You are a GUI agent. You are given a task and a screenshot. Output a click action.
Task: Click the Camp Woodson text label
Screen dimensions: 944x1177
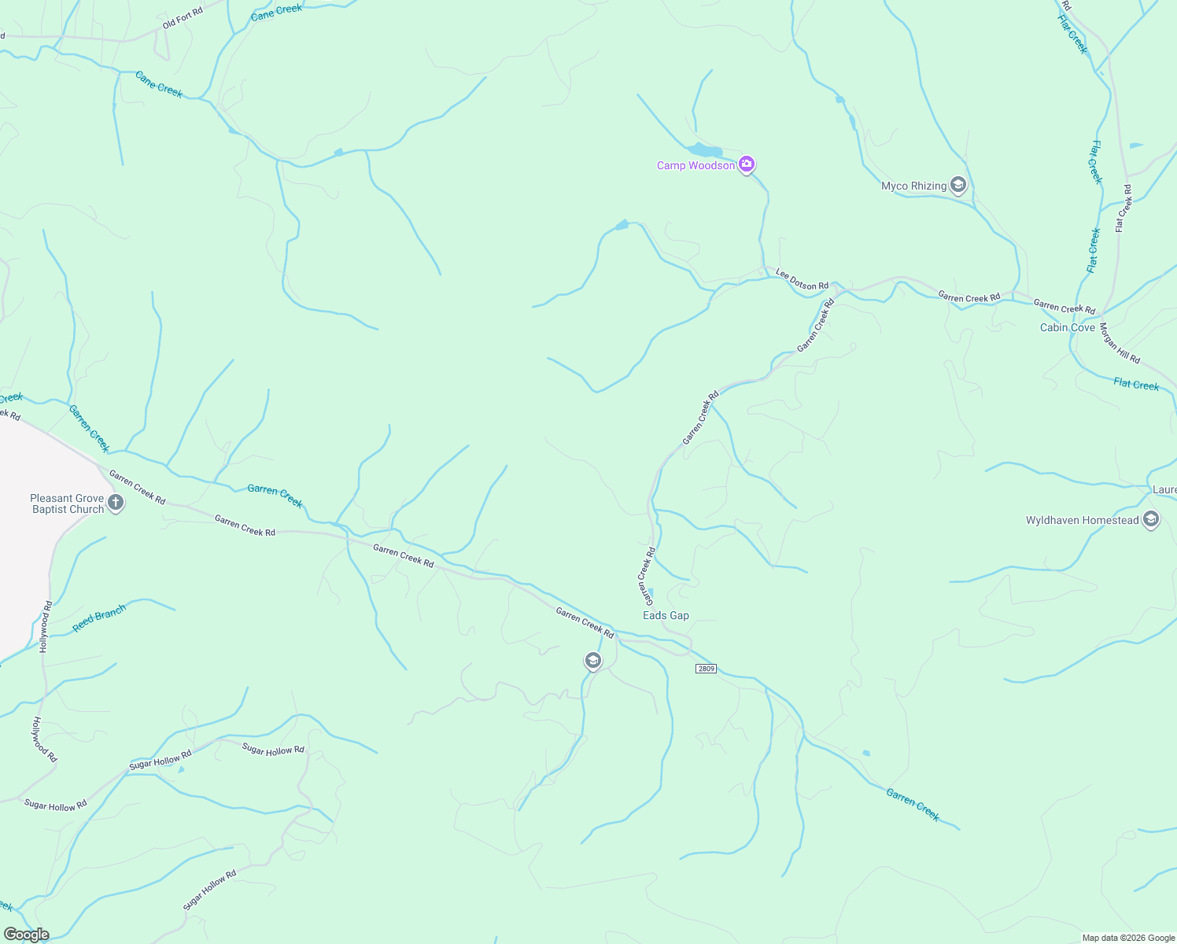pyautogui.click(x=695, y=165)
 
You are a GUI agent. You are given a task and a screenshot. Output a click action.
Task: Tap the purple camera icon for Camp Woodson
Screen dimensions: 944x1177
pyautogui.click(x=747, y=164)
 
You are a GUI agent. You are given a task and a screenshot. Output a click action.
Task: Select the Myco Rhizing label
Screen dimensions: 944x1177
pyautogui.click(x=913, y=186)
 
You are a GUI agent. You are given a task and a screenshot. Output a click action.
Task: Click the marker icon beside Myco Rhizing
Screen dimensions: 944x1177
pyautogui.click(x=958, y=186)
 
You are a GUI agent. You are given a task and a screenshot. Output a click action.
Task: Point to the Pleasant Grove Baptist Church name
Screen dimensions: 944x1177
pyautogui.click(x=67, y=503)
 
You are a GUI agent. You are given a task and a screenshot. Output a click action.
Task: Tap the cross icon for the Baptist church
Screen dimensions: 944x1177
pyautogui.click(x=116, y=503)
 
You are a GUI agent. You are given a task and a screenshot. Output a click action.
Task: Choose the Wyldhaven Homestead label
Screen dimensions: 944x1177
pyautogui.click(x=1082, y=520)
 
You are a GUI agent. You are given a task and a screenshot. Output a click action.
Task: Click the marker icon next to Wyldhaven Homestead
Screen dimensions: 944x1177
pyautogui.click(x=1151, y=519)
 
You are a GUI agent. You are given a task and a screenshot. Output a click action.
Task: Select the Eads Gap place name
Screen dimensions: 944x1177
pyautogui.click(x=666, y=615)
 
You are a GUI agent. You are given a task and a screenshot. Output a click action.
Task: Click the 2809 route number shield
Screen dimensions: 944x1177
pyautogui.click(x=706, y=669)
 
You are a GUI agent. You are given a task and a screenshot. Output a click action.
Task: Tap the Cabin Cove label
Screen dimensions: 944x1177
pyautogui.click(x=1067, y=327)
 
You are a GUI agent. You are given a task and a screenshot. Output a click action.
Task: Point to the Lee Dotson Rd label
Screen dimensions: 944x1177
pyautogui.click(x=802, y=279)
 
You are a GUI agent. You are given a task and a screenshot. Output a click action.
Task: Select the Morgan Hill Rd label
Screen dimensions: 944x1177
pyautogui.click(x=1120, y=343)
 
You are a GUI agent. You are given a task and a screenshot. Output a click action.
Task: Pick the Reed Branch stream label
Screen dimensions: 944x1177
pyautogui.click(x=99, y=618)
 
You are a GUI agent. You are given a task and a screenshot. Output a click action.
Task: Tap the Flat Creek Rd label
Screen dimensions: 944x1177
pyautogui.click(x=1123, y=208)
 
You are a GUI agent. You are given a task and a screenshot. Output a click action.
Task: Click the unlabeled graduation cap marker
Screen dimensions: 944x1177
pyautogui.click(x=593, y=661)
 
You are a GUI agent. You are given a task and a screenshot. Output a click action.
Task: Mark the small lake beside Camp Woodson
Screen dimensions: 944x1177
pyautogui.click(x=704, y=149)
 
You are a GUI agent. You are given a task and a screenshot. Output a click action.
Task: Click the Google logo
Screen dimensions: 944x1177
pyautogui.click(x=26, y=935)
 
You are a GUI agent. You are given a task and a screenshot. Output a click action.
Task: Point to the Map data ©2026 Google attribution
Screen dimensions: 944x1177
pyautogui.click(x=1127, y=938)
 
